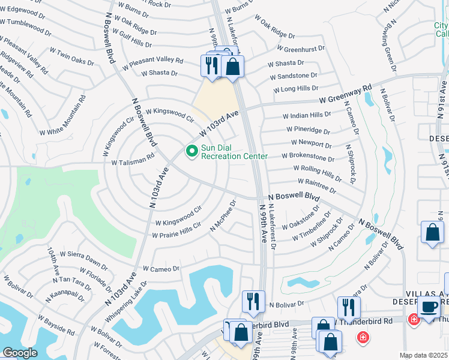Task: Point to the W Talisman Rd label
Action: (x=133, y=158)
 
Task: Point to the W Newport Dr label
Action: (x=311, y=143)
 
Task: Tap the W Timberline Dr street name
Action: (x=312, y=226)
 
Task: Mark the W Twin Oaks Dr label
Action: (x=71, y=57)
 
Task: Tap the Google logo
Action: (x=20, y=353)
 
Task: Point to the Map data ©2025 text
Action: (x=424, y=355)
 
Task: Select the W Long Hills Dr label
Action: (x=295, y=89)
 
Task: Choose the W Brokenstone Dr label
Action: (x=313, y=158)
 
